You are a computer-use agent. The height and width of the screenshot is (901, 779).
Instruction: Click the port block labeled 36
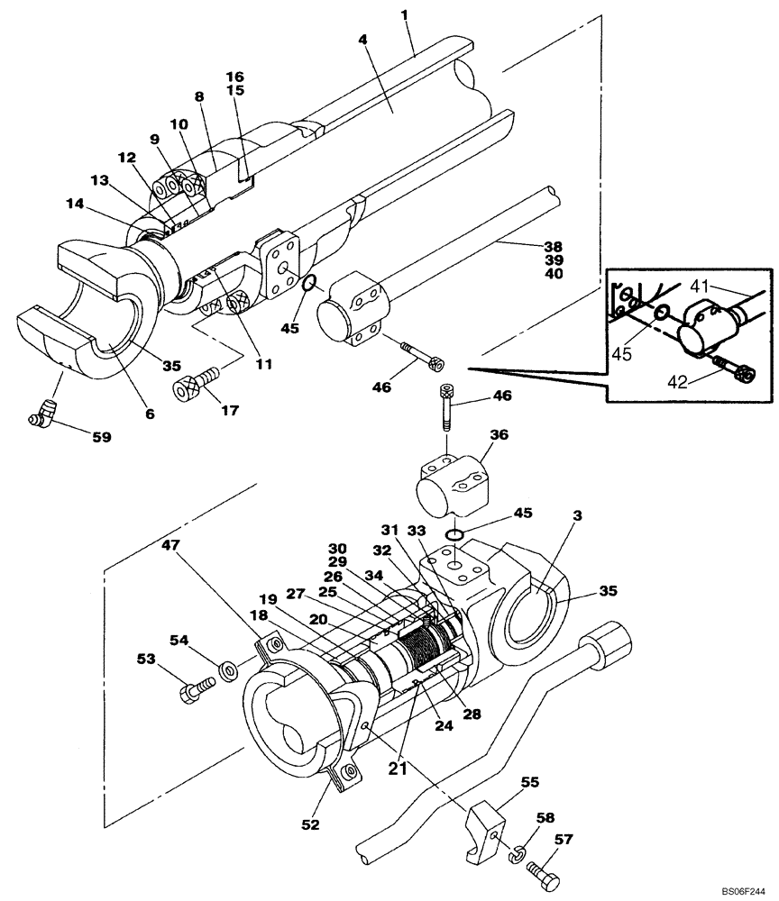coord(453,485)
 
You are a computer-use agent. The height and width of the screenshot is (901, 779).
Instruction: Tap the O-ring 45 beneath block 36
coord(455,536)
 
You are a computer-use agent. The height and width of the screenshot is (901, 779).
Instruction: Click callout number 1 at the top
coord(406,16)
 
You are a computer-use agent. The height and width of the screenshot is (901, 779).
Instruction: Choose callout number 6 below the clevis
coord(150,414)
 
